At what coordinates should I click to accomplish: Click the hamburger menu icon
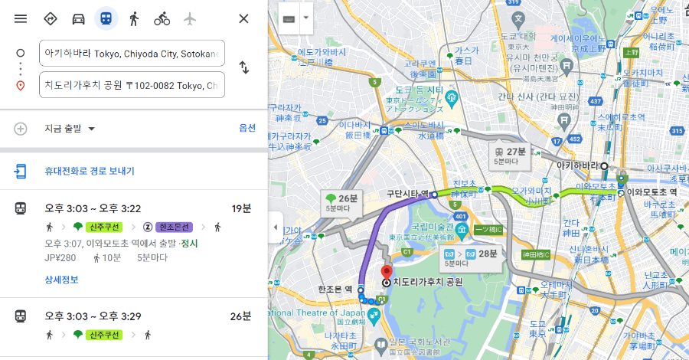21,18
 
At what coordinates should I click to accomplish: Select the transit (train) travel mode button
106,18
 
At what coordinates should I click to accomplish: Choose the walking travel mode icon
134,18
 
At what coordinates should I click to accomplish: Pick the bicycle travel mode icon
162,18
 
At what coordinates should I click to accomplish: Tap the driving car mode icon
78,18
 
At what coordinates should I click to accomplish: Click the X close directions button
243,18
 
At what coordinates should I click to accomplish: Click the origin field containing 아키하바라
132,54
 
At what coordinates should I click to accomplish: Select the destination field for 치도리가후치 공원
132,84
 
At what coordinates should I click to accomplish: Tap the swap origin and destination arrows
243,67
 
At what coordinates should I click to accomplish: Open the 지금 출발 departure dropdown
69,128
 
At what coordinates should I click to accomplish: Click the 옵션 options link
247,128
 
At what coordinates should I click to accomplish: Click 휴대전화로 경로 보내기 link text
90,171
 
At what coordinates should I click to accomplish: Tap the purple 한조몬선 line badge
175,227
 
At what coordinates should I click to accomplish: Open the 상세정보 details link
61,280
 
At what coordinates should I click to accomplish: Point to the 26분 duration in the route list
240,316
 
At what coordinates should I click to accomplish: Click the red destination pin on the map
387,273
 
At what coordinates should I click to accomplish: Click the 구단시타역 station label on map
407,195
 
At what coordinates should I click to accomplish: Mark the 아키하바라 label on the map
576,165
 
